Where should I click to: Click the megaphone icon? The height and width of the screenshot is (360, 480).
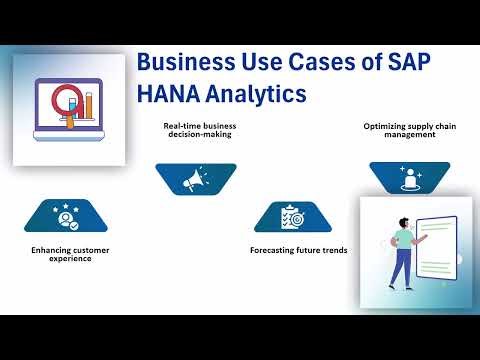tap(195, 179)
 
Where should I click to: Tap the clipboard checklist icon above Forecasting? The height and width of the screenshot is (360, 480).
tap(291, 216)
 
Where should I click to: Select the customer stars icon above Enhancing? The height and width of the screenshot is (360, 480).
tap(67, 214)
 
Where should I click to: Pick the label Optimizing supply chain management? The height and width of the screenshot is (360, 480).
tap(399, 130)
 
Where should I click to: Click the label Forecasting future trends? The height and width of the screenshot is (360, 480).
tap(298, 249)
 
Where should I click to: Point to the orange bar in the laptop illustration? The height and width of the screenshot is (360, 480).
tap(88, 106)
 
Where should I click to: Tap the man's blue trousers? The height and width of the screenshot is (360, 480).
tap(401, 266)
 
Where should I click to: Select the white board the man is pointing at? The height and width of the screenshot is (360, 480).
tap(440, 250)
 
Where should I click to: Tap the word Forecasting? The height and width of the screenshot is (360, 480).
tap(275, 249)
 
